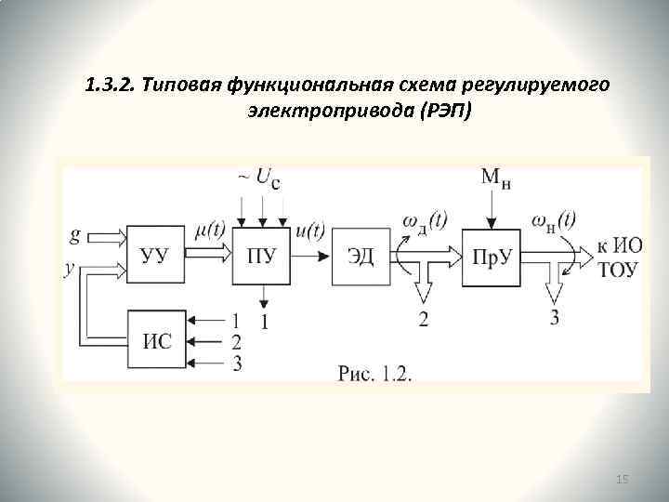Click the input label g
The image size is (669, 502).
point(74,234)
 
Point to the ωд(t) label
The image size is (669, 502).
point(426,220)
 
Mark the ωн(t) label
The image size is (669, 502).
point(554,220)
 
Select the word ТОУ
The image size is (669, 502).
point(615,270)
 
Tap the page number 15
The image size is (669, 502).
point(623,478)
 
